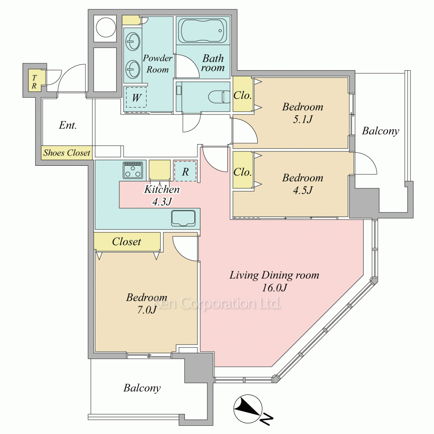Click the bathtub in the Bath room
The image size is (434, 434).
(204, 30)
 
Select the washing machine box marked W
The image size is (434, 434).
(136, 97)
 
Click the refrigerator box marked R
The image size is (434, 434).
(185, 171)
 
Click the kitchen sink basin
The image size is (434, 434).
(183, 218)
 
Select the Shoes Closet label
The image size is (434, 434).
(67, 153)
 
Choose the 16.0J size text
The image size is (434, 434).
(274, 288)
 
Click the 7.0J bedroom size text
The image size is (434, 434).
(147, 310)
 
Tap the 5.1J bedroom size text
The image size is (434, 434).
(302, 119)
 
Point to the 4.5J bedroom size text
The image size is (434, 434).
(302, 190)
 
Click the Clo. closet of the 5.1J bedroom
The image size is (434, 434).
(243, 94)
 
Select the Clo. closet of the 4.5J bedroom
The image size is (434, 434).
(243, 170)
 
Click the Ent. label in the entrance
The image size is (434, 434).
(68, 125)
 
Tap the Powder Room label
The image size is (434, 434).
(158, 64)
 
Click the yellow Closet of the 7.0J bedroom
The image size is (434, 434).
(127, 242)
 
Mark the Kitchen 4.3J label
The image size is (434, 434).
(162, 195)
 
